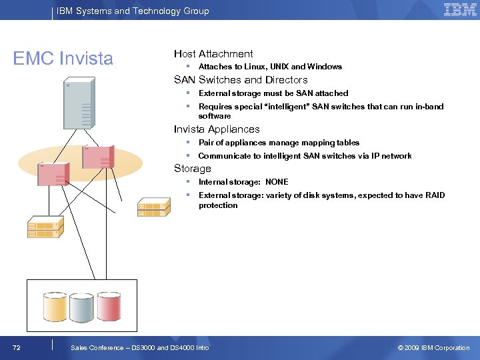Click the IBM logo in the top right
click(x=460, y=10)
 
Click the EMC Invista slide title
click(x=63, y=59)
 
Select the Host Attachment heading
click(x=213, y=54)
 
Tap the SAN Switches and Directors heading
click(x=241, y=80)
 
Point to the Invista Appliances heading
click(x=217, y=129)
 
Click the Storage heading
click(x=193, y=169)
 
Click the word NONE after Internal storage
click(x=277, y=182)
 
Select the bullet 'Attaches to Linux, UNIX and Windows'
click(x=270, y=67)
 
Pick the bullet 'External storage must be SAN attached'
click(x=273, y=93)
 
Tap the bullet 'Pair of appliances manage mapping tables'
click(x=279, y=143)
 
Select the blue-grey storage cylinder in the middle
click(x=81, y=306)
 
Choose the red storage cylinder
click(x=109, y=306)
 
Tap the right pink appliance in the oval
click(x=98, y=157)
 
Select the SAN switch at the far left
click(x=45, y=227)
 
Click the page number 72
click(x=16, y=348)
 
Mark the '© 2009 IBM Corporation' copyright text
click(x=433, y=348)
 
